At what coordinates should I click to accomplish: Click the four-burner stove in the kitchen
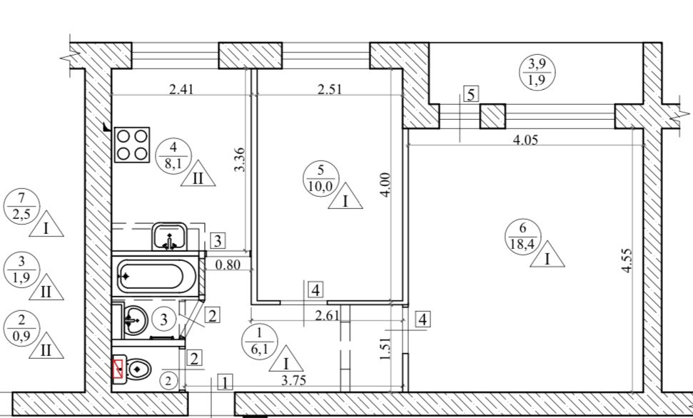pos(132,145)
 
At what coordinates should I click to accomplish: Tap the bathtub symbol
pos(156,276)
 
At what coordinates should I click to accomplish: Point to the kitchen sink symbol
pos(169,236)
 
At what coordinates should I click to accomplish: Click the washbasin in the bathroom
pos(135,320)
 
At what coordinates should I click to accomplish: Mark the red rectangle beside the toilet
pos(118,369)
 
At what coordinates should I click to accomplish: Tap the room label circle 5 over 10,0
pos(321,178)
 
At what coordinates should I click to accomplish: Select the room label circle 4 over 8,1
pos(173,156)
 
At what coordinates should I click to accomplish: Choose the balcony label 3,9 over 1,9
pos(537,73)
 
